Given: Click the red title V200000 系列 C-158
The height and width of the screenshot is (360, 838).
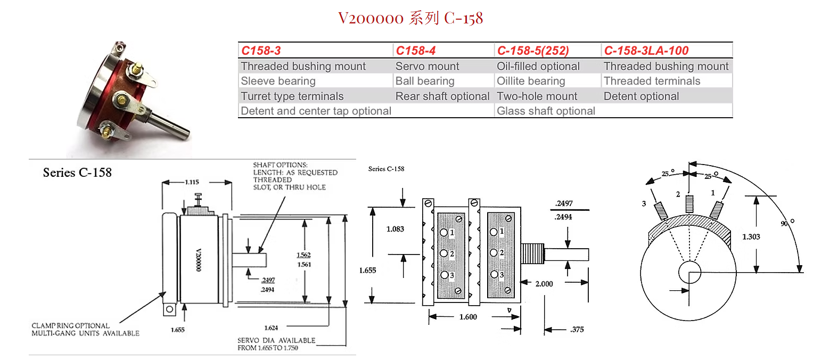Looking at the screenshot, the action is click(410, 18).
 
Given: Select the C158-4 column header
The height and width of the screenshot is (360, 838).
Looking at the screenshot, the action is click(416, 51).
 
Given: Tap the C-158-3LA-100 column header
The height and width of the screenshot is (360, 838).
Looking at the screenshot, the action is click(646, 51).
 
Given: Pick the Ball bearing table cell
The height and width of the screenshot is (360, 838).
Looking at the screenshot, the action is click(425, 81).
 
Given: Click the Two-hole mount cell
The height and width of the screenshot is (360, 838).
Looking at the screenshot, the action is click(537, 96).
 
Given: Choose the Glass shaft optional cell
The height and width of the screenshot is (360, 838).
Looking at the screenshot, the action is click(546, 111).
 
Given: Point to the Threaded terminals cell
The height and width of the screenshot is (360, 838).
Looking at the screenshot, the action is click(652, 81).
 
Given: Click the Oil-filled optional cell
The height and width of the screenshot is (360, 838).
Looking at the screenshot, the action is click(538, 66).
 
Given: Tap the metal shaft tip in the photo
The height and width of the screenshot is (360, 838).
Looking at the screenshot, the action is click(186, 135).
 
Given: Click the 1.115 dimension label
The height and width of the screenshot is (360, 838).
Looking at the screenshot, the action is click(192, 182).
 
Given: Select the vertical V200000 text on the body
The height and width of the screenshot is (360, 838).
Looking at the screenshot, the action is click(199, 260).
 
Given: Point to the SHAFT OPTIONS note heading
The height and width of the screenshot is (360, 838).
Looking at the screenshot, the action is click(280, 165).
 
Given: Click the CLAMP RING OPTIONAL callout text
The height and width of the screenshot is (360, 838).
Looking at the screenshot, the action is click(71, 325).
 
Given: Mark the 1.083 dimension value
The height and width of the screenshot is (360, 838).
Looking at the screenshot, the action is click(395, 229).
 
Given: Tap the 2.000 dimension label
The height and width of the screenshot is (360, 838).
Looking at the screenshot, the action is click(544, 284).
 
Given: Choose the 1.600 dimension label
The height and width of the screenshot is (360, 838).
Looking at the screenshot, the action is click(468, 317).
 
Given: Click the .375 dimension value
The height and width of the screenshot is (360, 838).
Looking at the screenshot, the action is click(577, 329).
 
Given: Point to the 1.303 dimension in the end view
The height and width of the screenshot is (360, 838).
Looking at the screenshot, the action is click(751, 237).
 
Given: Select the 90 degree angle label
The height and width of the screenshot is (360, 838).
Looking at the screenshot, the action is click(787, 223).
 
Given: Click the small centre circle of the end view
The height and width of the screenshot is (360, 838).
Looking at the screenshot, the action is click(689, 272).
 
